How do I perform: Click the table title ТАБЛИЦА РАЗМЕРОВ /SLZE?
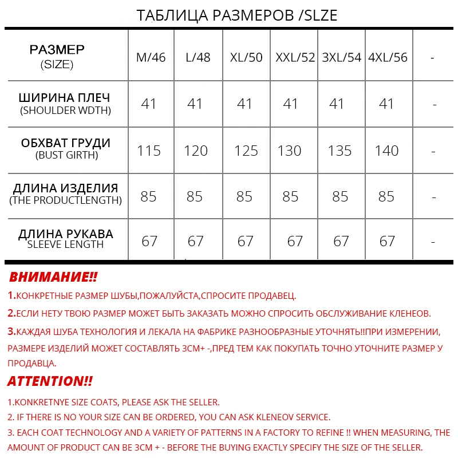236,15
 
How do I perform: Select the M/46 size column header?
151,57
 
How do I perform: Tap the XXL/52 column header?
295,57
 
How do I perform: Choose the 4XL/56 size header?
388,57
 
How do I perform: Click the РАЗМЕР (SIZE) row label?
57,56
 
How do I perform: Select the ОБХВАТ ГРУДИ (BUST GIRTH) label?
66,148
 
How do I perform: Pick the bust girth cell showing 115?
149,151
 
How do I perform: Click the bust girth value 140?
386,151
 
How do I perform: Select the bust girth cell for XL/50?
246,151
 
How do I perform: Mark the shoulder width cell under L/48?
195,104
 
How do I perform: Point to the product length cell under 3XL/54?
340,196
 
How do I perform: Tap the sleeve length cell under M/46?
149,241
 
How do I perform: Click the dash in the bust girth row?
433,151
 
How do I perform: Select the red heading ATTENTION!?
50,381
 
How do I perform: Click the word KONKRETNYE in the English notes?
40,402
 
